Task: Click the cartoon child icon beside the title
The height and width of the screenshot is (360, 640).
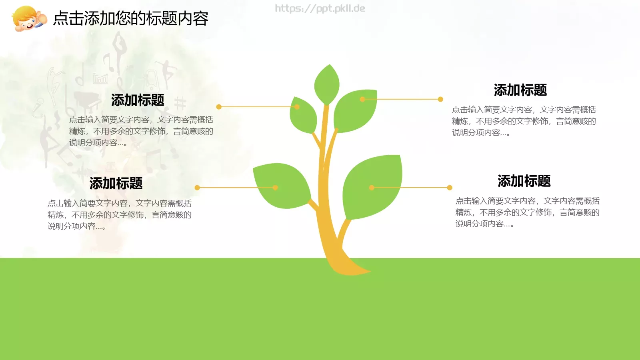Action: (29, 18)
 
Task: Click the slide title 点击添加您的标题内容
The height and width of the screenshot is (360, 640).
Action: (131, 18)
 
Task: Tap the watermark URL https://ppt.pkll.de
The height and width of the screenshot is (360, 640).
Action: (320, 8)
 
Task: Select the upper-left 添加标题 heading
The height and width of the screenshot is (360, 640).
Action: (138, 100)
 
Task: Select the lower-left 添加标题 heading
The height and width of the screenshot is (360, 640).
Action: (116, 183)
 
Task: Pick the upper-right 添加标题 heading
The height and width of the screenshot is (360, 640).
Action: (520, 90)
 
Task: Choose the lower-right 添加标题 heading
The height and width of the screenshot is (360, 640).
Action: (524, 181)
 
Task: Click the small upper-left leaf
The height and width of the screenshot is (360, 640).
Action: (303, 115)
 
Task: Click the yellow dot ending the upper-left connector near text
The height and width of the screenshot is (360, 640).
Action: (219, 107)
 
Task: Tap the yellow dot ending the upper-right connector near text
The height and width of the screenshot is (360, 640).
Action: (440, 99)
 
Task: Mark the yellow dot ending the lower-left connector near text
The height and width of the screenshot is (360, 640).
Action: (197, 188)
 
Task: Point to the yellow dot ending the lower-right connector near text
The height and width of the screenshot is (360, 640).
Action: (450, 188)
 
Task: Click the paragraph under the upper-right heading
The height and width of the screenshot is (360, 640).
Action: (524, 121)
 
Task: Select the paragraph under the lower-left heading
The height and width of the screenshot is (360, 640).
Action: (120, 215)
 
